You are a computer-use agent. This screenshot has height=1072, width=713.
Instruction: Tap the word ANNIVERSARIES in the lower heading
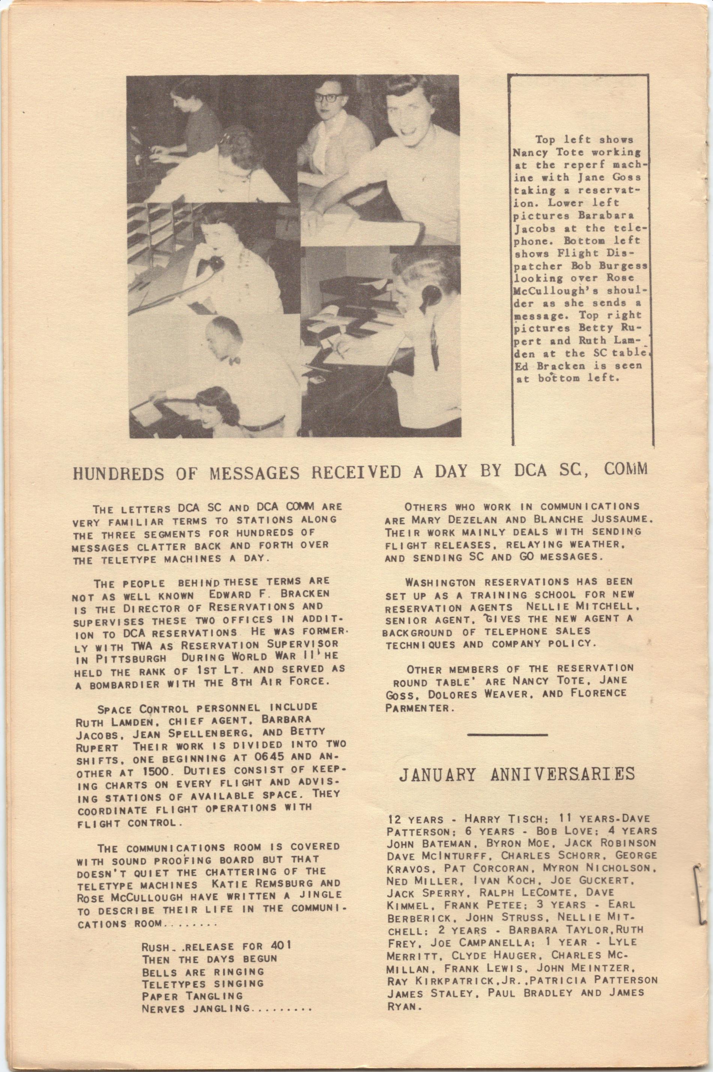pos(563,774)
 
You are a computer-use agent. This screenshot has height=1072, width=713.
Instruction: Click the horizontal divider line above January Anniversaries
pos(507,734)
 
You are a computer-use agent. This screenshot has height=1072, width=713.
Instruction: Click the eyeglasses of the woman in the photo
pos(326,97)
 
